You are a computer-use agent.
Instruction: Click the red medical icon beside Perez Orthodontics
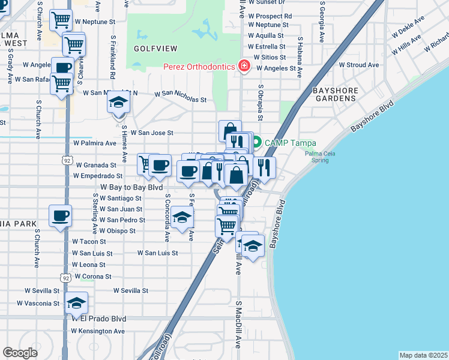click(244, 66)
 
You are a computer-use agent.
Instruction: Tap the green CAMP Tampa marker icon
click(256, 143)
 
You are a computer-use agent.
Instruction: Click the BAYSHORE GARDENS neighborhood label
click(336, 94)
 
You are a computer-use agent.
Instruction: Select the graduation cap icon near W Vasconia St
click(76, 304)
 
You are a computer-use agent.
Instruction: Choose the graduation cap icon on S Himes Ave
click(119, 103)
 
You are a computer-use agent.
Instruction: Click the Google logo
click(20, 352)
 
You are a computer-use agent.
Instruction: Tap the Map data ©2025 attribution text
click(423, 355)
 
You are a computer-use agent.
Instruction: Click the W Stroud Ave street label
click(359, 65)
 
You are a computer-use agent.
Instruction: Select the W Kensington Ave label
click(98, 331)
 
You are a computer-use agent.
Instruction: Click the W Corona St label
click(92, 277)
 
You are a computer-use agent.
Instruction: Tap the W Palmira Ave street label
click(94, 143)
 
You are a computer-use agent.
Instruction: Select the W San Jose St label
click(152, 133)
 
